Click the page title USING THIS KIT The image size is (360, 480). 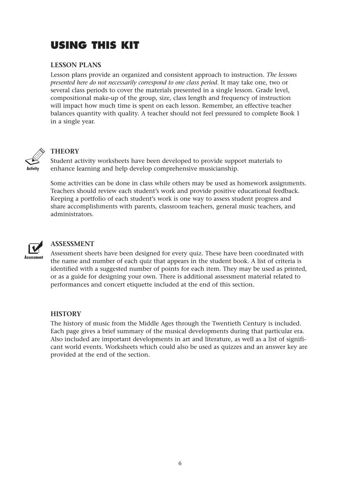click(95, 45)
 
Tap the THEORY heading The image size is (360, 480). click(65, 151)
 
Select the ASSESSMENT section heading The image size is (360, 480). click(72, 244)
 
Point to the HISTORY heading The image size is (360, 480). click(66, 314)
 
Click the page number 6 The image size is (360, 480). click(180, 463)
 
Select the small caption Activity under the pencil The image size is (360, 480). click(33, 169)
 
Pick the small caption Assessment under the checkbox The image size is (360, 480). click(34, 257)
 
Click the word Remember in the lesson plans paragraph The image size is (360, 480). click(218, 106)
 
